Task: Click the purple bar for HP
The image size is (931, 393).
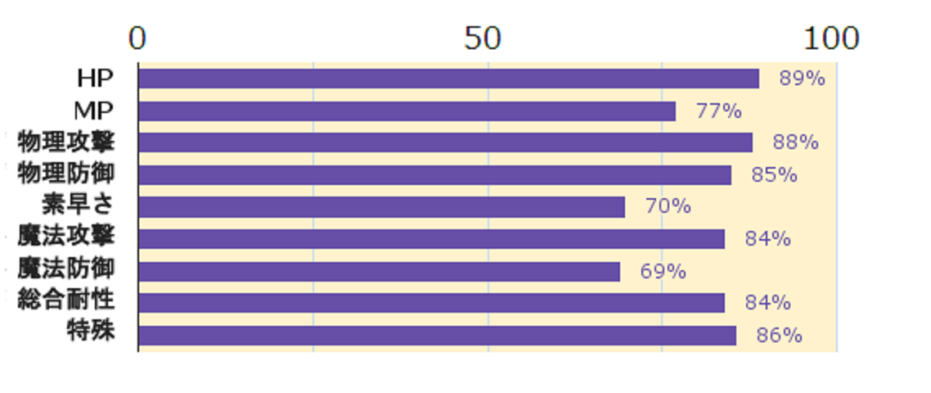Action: (449, 79)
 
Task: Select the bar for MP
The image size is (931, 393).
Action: (407, 111)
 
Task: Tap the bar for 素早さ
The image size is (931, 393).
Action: (382, 207)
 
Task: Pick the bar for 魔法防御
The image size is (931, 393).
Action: (380, 272)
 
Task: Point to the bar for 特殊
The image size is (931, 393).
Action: (438, 336)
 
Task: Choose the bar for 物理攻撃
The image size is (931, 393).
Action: (446, 142)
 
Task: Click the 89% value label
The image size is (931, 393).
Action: (803, 79)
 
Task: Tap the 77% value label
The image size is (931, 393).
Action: (719, 111)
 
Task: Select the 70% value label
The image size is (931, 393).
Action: (668, 207)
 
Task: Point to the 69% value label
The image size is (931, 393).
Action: (663, 272)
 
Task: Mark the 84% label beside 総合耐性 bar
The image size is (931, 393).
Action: (767, 303)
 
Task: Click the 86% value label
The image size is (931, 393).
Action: (779, 336)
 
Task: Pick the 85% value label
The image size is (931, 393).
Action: (774, 174)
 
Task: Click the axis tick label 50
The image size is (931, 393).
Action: (483, 38)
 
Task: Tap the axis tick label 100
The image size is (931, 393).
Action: (831, 38)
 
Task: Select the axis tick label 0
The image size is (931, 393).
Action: (137, 38)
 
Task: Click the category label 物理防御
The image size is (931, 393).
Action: (66, 174)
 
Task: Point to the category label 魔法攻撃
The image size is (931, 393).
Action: (66, 237)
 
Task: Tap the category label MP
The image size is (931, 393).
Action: (94, 111)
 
